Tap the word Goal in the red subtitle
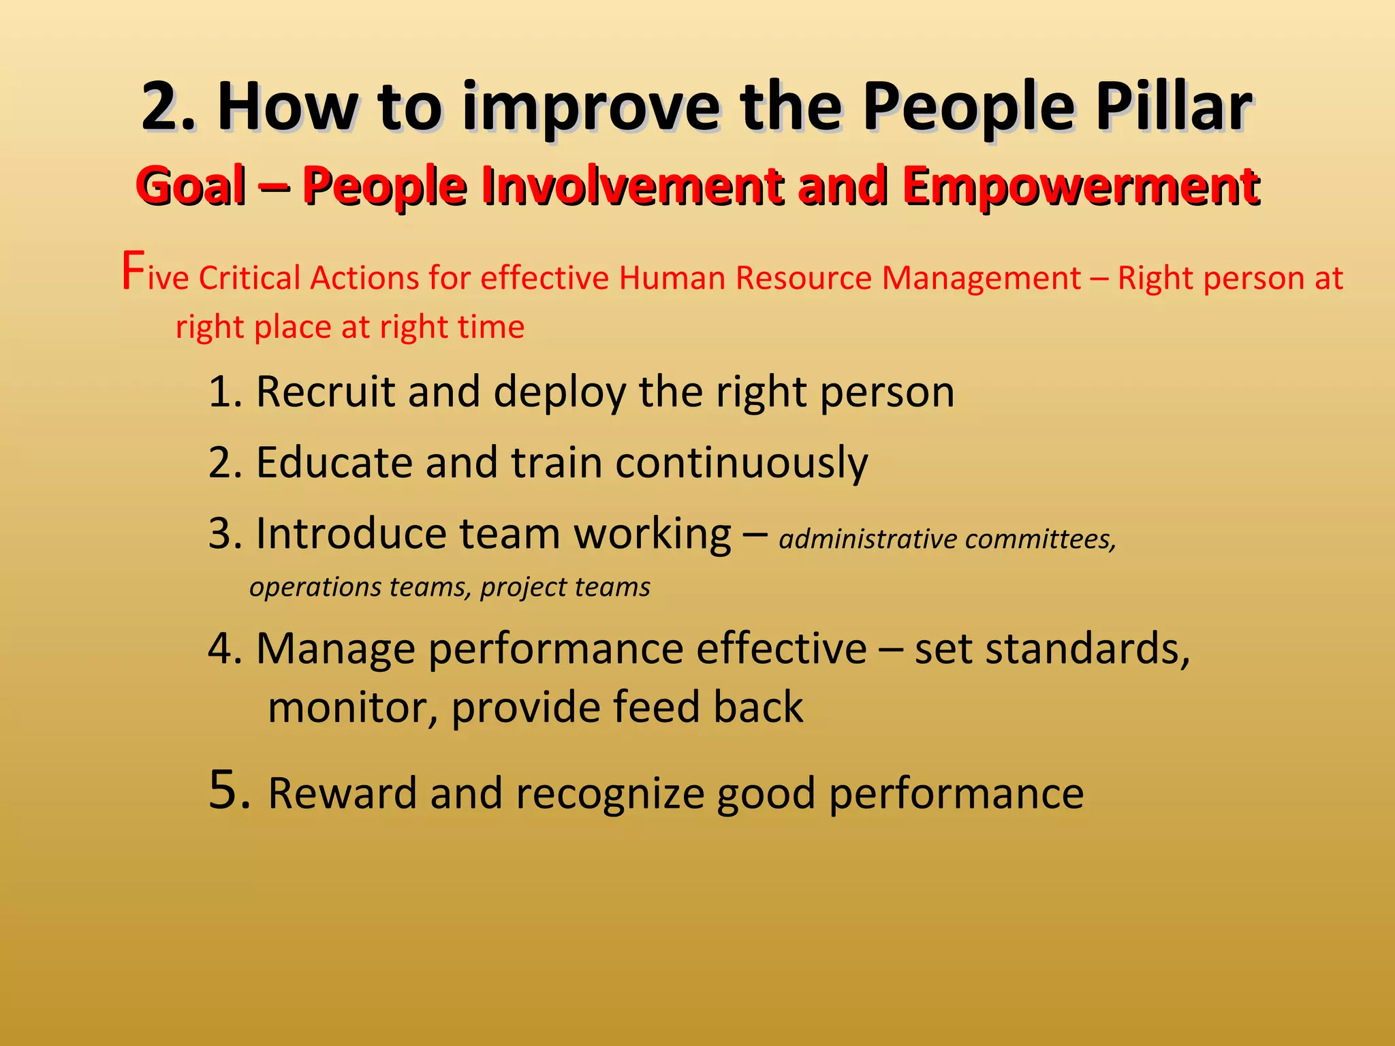(x=191, y=186)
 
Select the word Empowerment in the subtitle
(x=1080, y=186)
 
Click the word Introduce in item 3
(x=350, y=533)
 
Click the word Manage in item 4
(x=335, y=649)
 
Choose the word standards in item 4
(x=1086, y=648)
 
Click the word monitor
(x=352, y=708)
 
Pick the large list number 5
(x=228, y=790)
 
